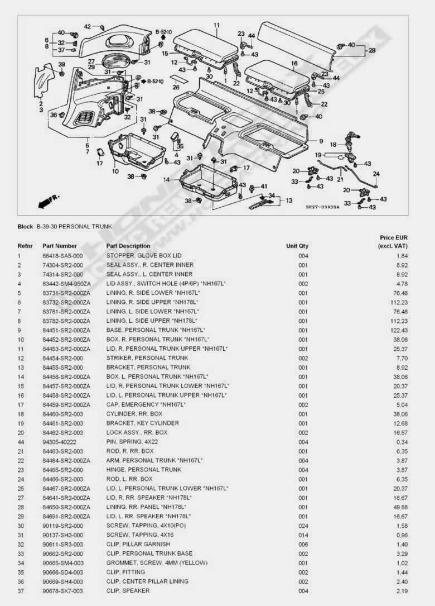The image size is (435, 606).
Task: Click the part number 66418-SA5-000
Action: pyautogui.click(x=62, y=255)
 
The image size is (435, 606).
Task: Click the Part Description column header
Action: pyautogui.click(x=128, y=246)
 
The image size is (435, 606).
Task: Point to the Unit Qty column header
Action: pyautogui.click(x=297, y=246)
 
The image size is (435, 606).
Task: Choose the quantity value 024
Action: pyautogui.click(x=303, y=526)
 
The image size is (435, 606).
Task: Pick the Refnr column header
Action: pyautogui.click(x=25, y=246)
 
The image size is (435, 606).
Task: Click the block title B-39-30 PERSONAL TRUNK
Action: pyautogui.click(x=74, y=227)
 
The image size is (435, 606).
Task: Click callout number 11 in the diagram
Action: pyautogui.click(x=216, y=25)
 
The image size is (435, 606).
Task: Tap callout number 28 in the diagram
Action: pyautogui.click(x=372, y=50)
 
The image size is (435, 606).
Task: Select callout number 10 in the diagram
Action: pyautogui.click(x=115, y=171)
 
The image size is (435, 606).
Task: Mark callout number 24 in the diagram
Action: pyautogui.click(x=376, y=174)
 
